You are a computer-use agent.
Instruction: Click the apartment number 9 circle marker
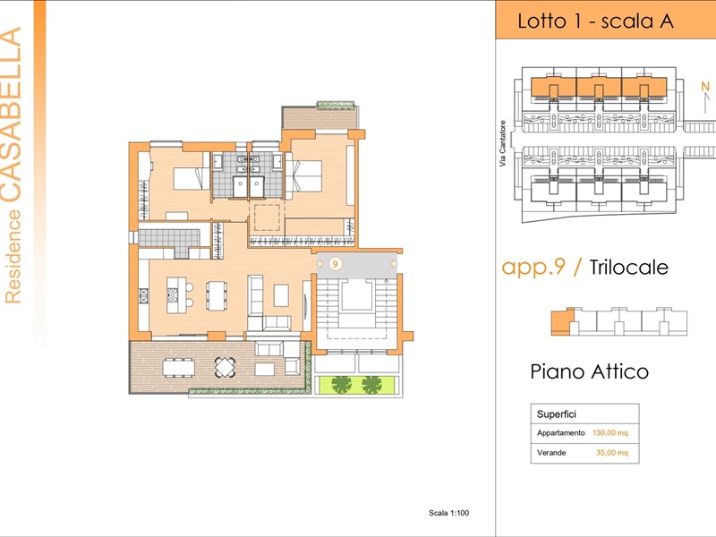coord(336,264)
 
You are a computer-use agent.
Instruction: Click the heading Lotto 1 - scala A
coord(595,21)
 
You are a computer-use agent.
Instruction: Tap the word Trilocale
coord(629,267)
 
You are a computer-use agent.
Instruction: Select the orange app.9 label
coord(533,268)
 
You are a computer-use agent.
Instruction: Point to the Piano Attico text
coord(589,371)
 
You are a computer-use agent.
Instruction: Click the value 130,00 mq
coord(610,433)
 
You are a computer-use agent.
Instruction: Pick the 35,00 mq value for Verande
coord(612,453)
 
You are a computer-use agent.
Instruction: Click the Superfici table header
coord(556,414)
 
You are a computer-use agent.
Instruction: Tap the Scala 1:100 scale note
coord(449,513)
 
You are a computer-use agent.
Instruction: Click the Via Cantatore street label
coord(503,143)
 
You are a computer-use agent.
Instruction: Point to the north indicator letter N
coord(705,86)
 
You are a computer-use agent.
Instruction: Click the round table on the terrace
coord(226,367)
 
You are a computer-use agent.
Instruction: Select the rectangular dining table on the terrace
coord(179,368)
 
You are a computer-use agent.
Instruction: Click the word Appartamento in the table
coord(561,433)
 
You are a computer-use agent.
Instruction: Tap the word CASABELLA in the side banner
coord(11,115)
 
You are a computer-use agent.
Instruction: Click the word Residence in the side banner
coord(13,256)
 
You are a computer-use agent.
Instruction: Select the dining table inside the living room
coord(217,295)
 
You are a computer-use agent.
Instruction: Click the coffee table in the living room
coord(281,295)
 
